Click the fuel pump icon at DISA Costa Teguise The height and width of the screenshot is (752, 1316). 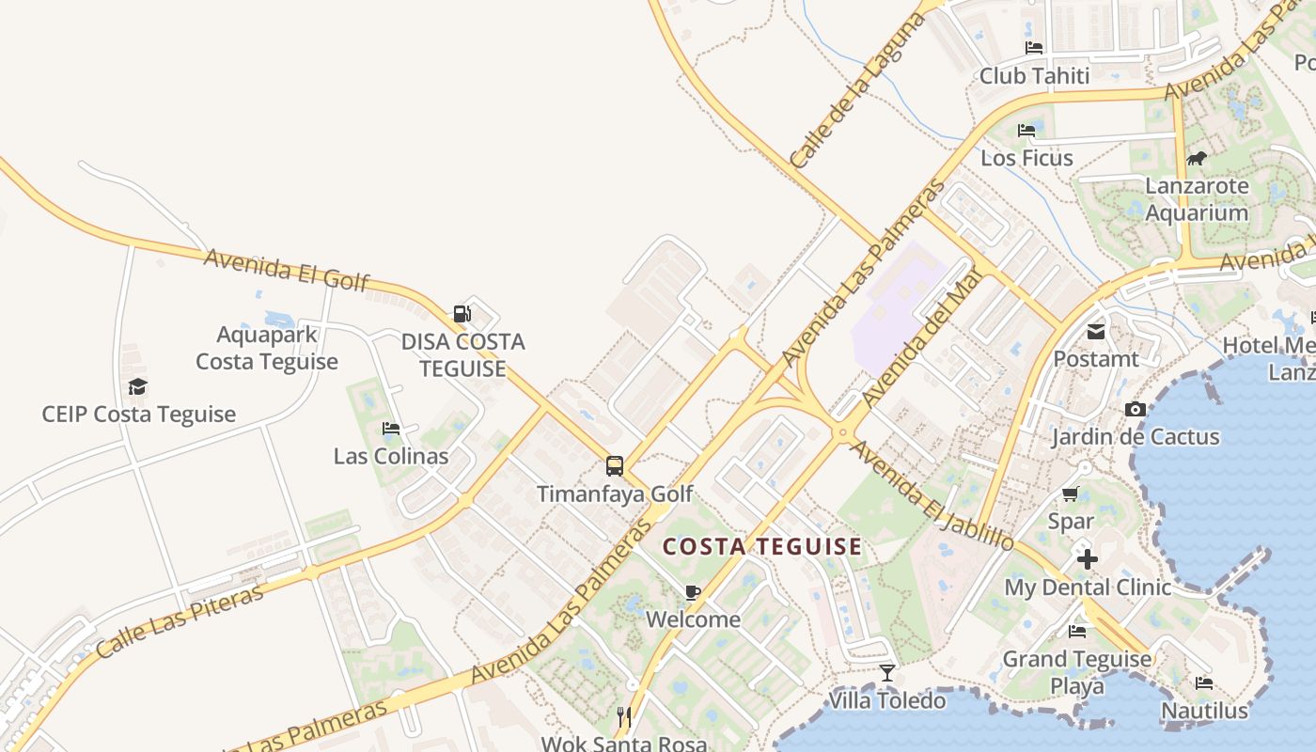pos(462,313)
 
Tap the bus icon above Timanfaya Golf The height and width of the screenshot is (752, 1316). pos(615,465)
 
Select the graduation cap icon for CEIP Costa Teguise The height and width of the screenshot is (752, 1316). pos(138,386)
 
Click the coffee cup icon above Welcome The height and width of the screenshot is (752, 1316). pos(693,592)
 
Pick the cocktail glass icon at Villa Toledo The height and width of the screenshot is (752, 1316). pos(886,672)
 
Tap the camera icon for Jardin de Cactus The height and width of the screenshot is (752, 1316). pos(1136,409)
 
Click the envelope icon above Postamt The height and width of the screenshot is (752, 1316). pos(1096,331)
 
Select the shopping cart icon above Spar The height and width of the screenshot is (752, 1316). pos(1071,493)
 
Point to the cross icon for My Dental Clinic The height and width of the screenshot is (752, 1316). pos(1088,559)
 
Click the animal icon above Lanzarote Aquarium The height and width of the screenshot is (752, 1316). pos(1197,158)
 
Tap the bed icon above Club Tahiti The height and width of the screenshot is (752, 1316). pos(1034,48)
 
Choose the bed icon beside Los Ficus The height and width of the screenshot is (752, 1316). pos(1026,131)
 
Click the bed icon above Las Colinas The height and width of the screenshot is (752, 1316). pos(391,429)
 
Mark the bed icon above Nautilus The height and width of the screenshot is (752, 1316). pos(1204,682)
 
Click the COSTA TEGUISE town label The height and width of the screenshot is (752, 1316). pos(762,546)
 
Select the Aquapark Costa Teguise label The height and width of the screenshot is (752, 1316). pos(267,348)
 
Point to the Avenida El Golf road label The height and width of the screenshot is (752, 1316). pos(287,270)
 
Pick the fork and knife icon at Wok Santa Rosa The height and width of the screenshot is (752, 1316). pos(623,717)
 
